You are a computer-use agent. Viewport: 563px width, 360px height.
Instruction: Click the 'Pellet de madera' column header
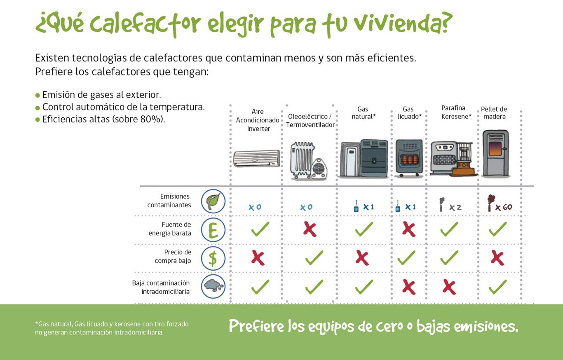[x=494, y=113]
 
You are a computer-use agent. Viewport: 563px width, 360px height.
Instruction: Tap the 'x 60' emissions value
[x=503, y=207]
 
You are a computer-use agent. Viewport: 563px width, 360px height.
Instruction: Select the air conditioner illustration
[x=257, y=158]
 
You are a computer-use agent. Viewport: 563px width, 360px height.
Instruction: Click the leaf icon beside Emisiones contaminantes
[x=213, y=201]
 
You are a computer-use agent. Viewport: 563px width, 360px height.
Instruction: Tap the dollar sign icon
[x=213, y=258]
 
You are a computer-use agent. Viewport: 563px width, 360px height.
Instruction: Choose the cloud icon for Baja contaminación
[x=213, y=286]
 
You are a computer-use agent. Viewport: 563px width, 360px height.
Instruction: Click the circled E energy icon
[x=213, y=229]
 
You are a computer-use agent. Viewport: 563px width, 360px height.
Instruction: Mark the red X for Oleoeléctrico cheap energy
[x=310, y=229]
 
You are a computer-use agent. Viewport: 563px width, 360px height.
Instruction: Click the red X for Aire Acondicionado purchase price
[x=258, y=258]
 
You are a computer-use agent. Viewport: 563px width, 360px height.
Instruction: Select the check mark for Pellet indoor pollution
[x=497, y=287]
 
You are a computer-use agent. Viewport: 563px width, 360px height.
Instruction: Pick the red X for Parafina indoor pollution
[x=449, y=287]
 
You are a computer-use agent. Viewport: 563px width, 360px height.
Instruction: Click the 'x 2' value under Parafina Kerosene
[x=455, y=208]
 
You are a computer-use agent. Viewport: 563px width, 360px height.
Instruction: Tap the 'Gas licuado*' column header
[x=409, y=113]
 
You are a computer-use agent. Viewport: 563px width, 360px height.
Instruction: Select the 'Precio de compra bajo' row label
[x=173, y=256]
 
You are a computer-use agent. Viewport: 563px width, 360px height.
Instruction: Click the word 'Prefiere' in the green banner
[x=256, y=326]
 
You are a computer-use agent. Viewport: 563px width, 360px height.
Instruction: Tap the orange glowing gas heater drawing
[x=409, y=159]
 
